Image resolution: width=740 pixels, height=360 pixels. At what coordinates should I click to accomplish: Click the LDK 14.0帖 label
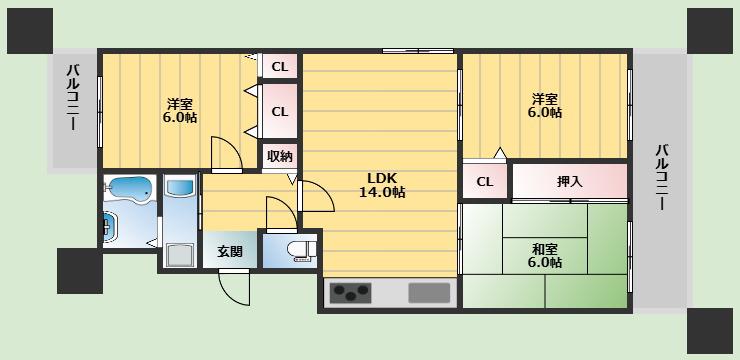coord(382,185)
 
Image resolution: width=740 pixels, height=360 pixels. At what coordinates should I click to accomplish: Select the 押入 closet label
coord(570,182)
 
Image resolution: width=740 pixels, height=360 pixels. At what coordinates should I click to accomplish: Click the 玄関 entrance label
coord(230,251)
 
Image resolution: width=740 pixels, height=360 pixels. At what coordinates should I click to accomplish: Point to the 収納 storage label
coord(280,156)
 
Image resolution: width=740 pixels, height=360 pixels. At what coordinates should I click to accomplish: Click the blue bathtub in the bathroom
coord(128,189)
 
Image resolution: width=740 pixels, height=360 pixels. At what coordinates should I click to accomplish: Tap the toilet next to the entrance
coord(302,251)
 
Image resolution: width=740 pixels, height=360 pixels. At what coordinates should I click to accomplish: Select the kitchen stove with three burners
coord(350,293)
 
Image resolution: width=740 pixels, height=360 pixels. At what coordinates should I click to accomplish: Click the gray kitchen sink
coord(429,293)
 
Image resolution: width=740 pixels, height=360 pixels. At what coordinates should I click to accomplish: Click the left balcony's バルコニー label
coord(73,98)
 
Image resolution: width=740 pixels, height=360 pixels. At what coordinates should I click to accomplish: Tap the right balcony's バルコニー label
coord(660,178)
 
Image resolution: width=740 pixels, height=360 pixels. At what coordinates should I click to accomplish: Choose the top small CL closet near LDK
coord(280,67)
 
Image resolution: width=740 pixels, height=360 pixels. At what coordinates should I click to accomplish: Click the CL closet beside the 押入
coord(485,182)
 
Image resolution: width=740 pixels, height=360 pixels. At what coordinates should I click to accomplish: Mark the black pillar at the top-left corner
coord(30,31)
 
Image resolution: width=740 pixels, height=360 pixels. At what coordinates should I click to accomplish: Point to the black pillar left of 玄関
coord(80,271)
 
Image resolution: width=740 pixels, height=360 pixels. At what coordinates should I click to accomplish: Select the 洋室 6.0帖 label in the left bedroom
coord(180,110)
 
